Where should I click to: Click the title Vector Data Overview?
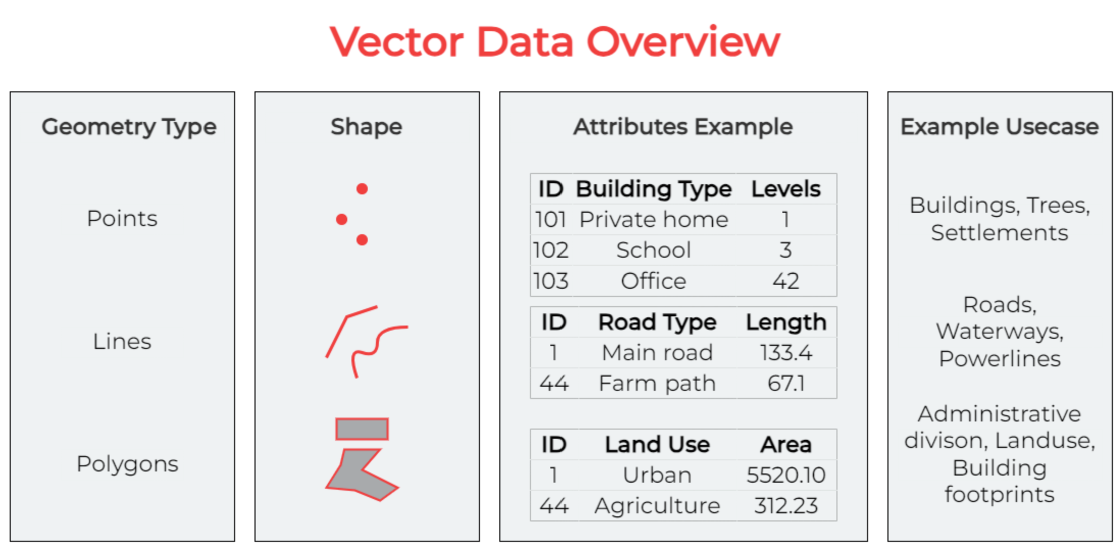(x=555, y=42)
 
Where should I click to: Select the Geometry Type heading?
(x=129, y=128)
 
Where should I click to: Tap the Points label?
(x=122, y=218)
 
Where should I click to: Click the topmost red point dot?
(x=362, y=189)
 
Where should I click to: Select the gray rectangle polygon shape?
(x=362, y=429)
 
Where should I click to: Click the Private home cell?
(x=654, y=220)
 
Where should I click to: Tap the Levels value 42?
(x=785, y=281)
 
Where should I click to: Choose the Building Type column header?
(x=654, y=190)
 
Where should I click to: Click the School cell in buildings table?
(x=654, y=251)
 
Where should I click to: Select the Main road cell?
(x=657, y=353)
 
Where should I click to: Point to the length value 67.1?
(x=786, y=384)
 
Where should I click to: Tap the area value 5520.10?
(x=786, y=476)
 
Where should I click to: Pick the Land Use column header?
(x=657, y=445)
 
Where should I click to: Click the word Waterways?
(x=1000, y=332)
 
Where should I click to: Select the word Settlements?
(x=1000, y=233)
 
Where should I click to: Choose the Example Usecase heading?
(x=1000, y=127)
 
